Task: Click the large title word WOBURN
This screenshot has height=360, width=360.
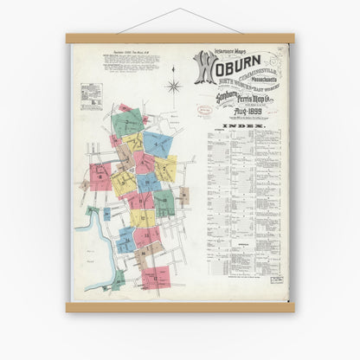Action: (x=227, y=67)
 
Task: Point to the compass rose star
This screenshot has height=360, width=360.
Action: (x=173, y=87)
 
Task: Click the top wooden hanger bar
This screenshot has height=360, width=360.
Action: (x=179, y=39)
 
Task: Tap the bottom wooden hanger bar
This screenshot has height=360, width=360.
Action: (x=179, y=306)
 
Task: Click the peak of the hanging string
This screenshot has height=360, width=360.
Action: (x=180, y=10)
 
